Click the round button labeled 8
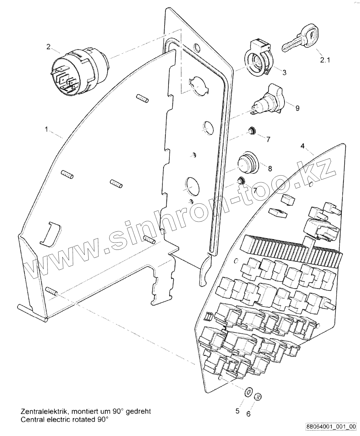tap(247, 164)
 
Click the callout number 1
tap(46, 129)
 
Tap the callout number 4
tap(303, 146)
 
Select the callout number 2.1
tap(325, 60)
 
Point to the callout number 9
tap(297, 108)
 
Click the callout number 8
tap(270, 169)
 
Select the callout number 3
tap(284, 72)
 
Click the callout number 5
tap(238, 411)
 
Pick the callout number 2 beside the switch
tap(48, 46)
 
